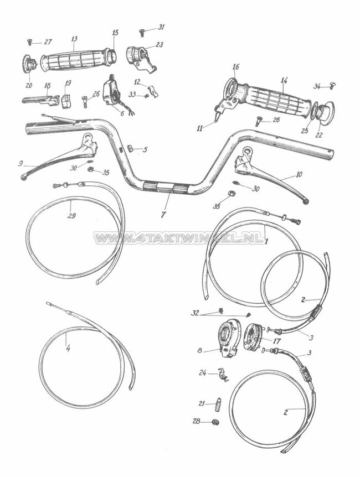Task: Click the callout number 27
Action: [x=48, y=42]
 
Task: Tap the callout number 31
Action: [x=161, y=27]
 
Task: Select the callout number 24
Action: [x=203, y=373]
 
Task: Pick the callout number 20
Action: [x=29, y=85]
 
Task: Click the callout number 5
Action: [x=145, y=149]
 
